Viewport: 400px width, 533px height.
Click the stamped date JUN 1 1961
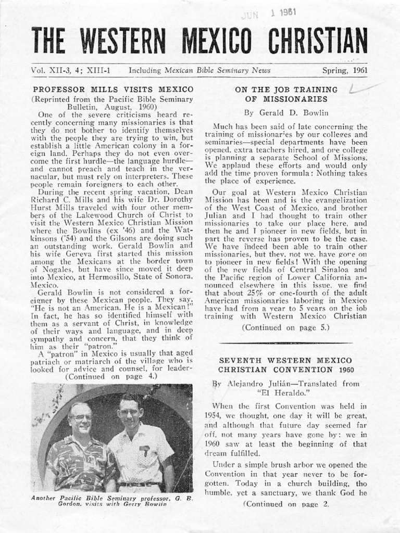(270, 14)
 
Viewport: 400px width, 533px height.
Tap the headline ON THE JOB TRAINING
(286, 90)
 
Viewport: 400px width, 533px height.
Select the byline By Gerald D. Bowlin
(286, 112)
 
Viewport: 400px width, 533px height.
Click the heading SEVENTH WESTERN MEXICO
(285, 360)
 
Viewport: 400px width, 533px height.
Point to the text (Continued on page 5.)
(286, 327)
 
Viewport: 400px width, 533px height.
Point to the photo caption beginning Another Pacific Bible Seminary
(112, 501)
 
